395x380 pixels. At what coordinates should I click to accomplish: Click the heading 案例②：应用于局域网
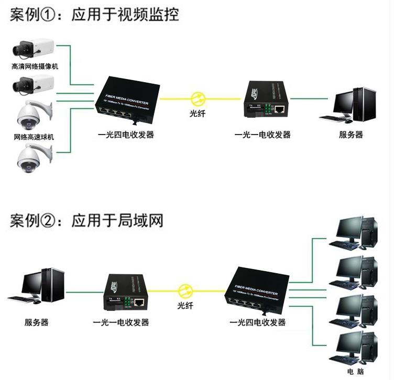click(86, 220)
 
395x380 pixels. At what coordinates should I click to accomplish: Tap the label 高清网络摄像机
click(35, 67)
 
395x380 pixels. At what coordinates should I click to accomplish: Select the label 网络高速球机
click(34, 137)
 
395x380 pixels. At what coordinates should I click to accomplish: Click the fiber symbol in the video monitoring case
click(198, 98)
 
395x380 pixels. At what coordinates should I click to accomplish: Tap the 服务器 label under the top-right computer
click(350, 135)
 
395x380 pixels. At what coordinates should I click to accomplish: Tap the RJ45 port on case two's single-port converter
click(140, 302)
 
